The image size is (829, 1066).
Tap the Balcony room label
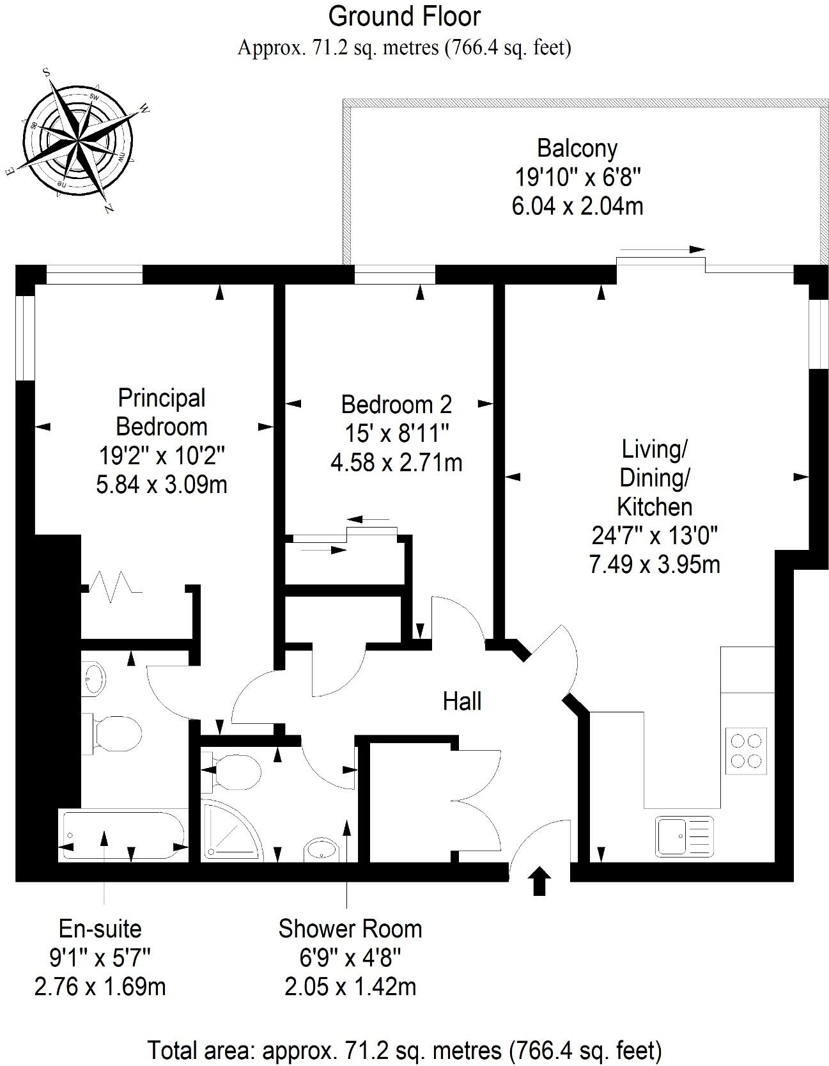[x=577, y=148]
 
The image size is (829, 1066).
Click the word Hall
[x=461, y=702]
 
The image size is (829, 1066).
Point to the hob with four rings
[x=747, y=751]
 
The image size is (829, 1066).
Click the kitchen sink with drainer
[x=683, y=836]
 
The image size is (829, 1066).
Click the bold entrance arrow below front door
[x=539, y=881]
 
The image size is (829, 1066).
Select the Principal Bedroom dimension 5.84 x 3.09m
[x=162, y=485]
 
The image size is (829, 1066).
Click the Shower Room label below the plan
[x=350, y=929]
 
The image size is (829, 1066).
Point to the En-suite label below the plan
[x=100, y=929]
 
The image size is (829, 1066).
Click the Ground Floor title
[x=404, y=17]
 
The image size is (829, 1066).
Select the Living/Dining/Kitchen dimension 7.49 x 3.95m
[x=654, y=565]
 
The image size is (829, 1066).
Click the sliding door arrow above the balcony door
[x=662, y=249]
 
